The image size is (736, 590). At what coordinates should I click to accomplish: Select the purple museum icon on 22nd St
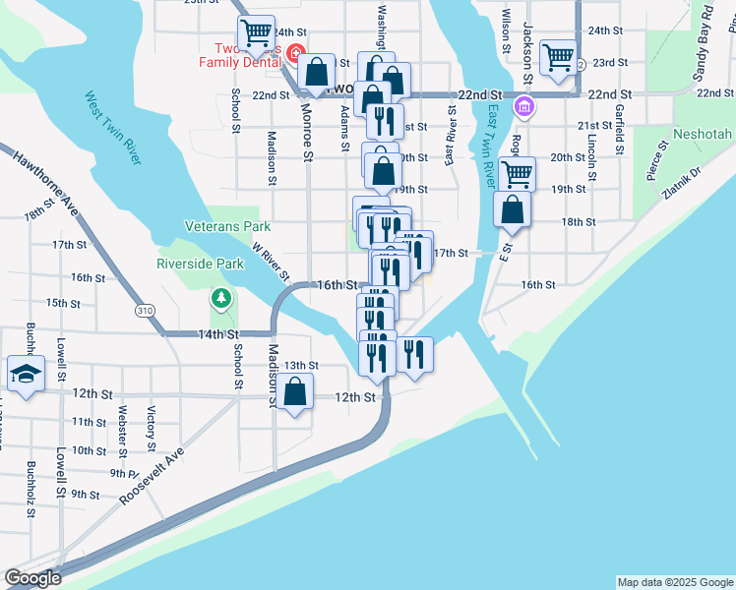(524, 106)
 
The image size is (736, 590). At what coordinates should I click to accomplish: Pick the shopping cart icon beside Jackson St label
(558, 58)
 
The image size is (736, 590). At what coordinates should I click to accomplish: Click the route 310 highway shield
(146, 311)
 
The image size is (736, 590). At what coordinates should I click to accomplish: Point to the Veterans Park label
(227, 226)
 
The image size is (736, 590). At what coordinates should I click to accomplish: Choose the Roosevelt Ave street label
(153, 478)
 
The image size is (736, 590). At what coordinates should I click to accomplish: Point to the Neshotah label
(703, 133)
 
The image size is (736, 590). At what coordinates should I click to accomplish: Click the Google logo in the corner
(32, 578)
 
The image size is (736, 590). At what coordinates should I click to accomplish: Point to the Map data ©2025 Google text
(674, 582)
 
